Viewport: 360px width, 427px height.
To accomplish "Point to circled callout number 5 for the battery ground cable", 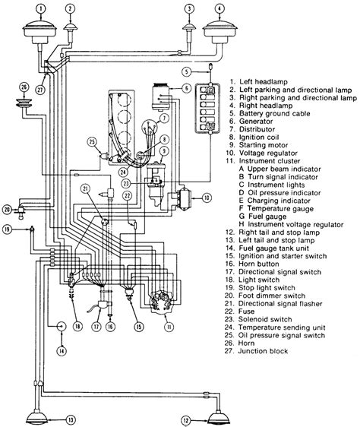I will coord(184,72).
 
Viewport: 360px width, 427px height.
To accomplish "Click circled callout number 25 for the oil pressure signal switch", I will coord(90,141).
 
